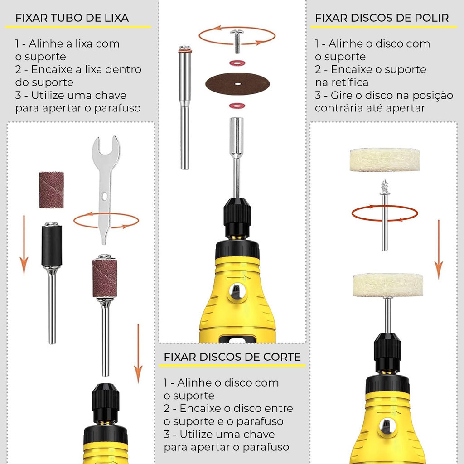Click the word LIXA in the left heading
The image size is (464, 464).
(116, 18)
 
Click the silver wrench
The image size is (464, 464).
(106, 189)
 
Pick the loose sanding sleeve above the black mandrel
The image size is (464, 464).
(51, 190)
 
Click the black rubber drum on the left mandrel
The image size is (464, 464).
(52, 246)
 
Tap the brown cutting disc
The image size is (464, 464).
(237, 84)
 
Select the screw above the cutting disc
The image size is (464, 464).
(237, 41)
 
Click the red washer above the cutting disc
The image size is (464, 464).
(237, 63)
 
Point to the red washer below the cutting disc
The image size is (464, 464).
(237, 105)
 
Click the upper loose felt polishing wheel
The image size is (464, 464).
(385, 160)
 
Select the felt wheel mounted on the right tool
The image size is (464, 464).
(388, 285)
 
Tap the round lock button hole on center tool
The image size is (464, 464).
(237, 291)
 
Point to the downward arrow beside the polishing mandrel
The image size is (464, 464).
(439, 250)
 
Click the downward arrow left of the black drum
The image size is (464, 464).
(24, 245)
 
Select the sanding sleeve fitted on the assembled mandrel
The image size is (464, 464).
(105, 278)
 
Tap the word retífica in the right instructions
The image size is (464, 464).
(350, 82)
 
